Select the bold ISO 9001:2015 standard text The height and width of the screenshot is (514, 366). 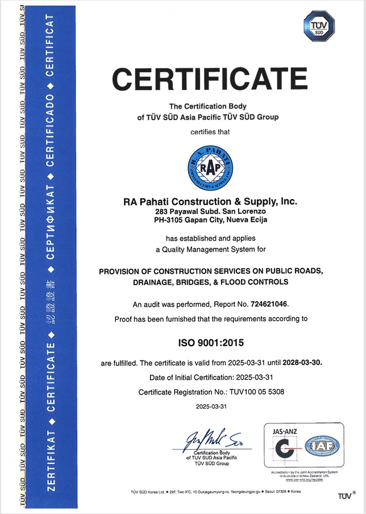click(x=211, y=343)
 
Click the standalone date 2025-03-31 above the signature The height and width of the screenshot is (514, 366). click(x=211, y=406)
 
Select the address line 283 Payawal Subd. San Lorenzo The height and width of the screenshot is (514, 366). click(x=210, y=211)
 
